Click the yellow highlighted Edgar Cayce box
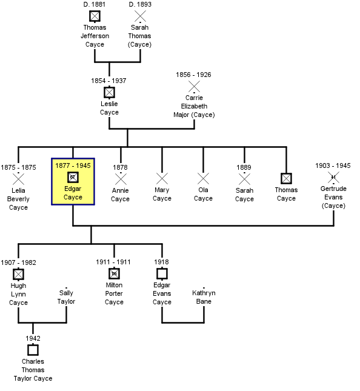coord(73,181)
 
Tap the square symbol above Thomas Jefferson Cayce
coord(95,16)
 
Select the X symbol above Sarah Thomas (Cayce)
coord(140,16)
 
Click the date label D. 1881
coord(94,4)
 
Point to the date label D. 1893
coord(140,4)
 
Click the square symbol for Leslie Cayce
coord(109,93)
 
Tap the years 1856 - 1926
coord(193,75)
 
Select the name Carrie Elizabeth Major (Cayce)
coord(194,106)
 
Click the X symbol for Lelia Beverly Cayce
coord(18,179)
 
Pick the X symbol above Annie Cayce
coord(121,179)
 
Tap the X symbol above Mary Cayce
coord(162,179)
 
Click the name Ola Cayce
coord(203,194)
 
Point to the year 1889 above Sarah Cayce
coord(244,167)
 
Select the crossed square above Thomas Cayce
coord(286,179)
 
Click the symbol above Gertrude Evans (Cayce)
coord(333,177)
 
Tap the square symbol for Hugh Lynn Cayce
coord(18,274)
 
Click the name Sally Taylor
coord(66,297)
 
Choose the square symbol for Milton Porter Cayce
coord(114,274)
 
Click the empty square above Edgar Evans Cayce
coord(162,274)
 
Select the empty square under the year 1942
coord(33,350)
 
